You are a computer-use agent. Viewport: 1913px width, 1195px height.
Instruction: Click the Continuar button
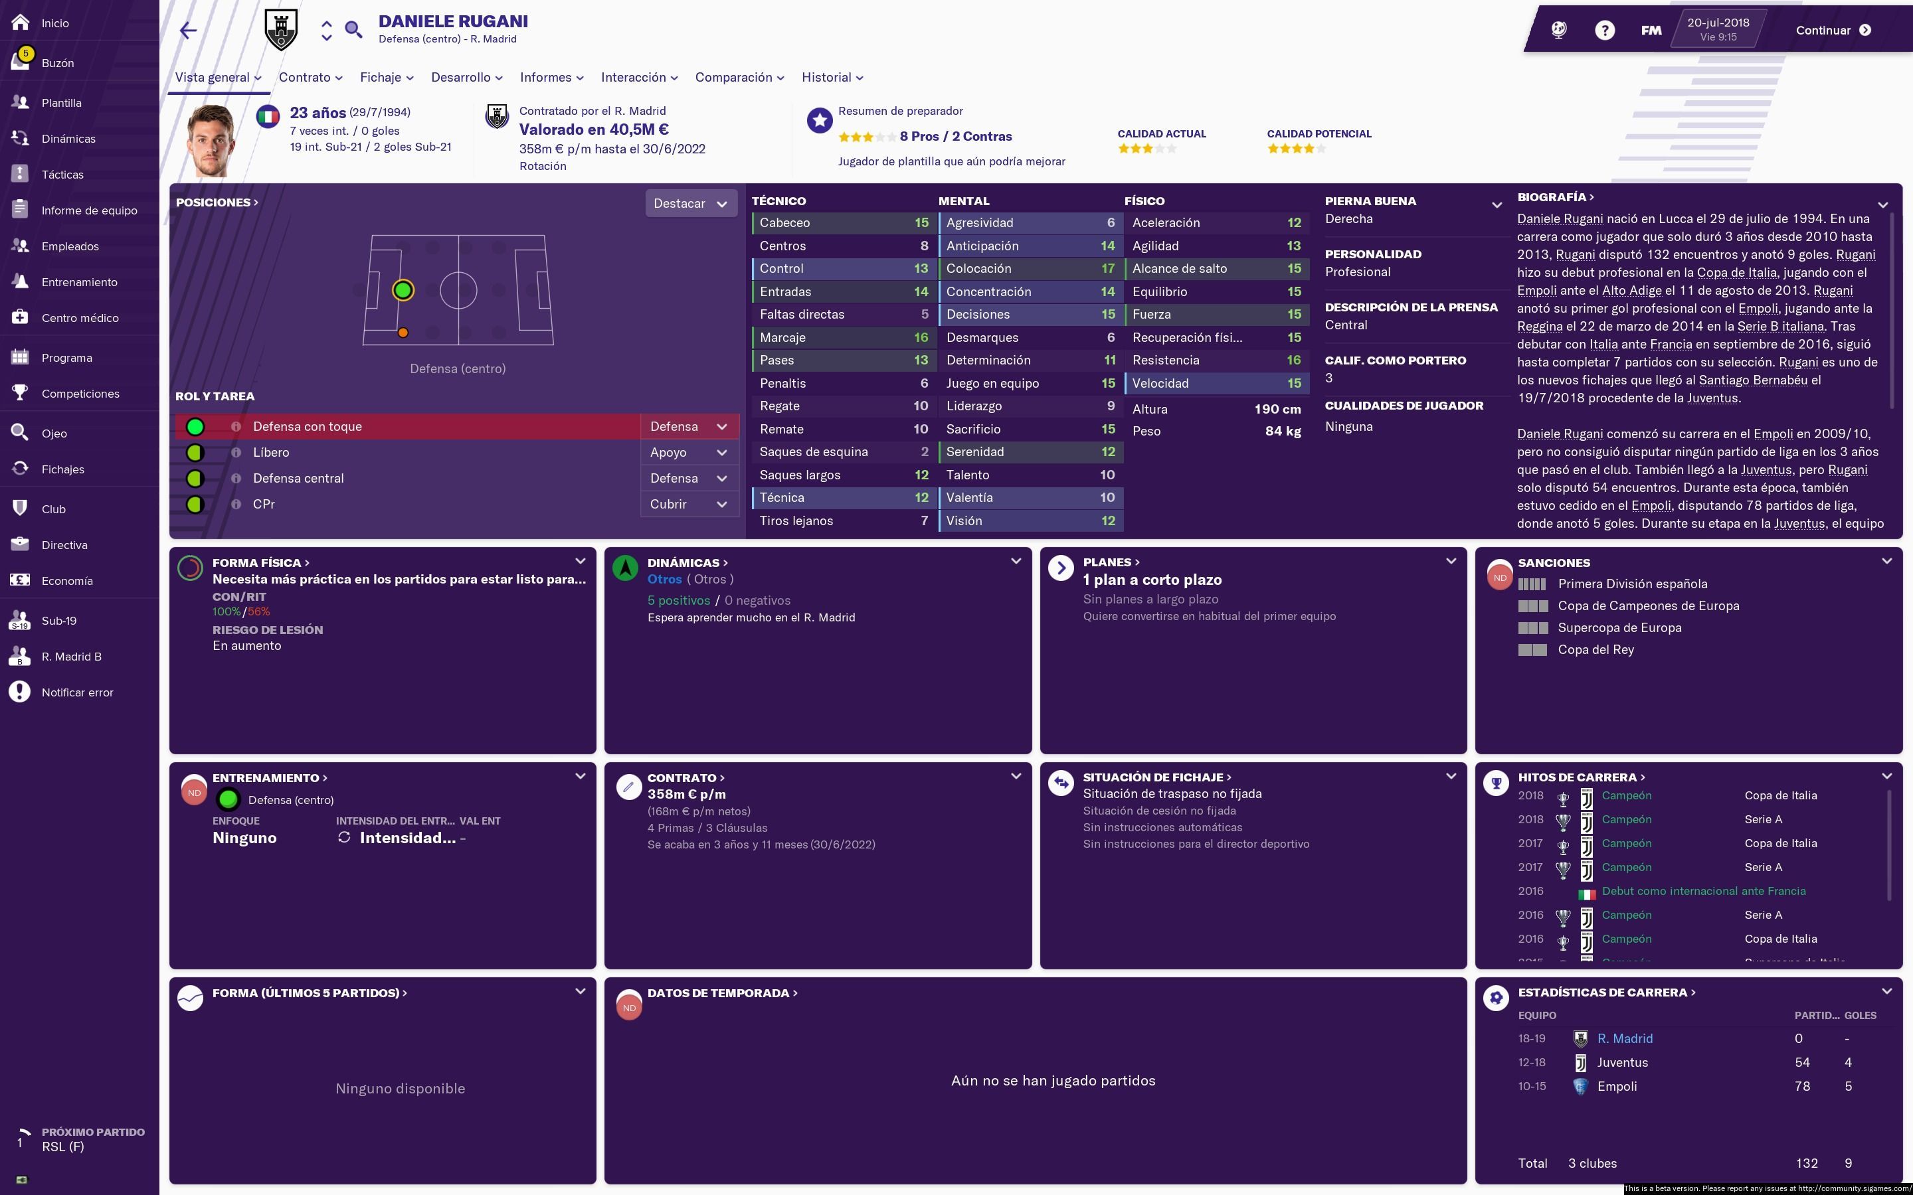pos(1833,30)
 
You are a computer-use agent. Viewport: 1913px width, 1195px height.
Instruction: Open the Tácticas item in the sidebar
pos(62,175)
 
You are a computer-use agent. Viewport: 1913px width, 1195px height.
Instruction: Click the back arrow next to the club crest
pos(188,31)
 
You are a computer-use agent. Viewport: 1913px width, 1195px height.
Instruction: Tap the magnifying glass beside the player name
pos(353,30)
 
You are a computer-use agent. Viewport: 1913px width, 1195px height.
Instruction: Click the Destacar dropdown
pos(690,204)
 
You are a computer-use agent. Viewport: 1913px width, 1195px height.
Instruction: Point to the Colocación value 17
pos(1107,269)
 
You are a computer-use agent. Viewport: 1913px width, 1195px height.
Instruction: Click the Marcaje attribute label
pos(782,337)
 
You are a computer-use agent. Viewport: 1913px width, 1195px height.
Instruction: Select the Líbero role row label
pos(271,452)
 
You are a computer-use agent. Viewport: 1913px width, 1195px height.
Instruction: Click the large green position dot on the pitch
pos(403,290)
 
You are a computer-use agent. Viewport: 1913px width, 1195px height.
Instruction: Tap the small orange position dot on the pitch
pos(403,333)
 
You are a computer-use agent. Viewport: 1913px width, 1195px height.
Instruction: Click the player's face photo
pos(211,141)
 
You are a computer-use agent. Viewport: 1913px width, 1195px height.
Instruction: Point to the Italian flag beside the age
pos(268,118)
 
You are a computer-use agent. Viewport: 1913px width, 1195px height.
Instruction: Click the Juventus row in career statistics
pos(1622,1062)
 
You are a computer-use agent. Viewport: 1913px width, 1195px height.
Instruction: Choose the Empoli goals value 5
pos(1848,1086)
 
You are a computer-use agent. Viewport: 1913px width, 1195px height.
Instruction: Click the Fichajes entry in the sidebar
pos(62,469)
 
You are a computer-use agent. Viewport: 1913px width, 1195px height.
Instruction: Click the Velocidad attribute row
pos(1216,383)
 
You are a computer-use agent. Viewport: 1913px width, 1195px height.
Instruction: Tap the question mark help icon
pos(1604,31)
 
